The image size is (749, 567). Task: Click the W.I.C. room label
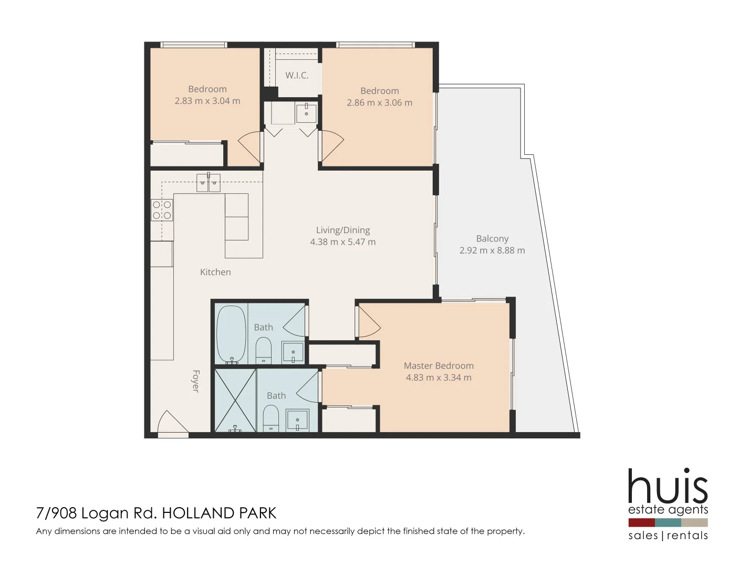(x=297, y=75)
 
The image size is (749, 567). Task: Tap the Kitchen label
(x=215, y=272)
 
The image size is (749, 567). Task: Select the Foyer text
(x=195, y=381)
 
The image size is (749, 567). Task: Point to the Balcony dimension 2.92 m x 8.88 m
(x=492, y=250)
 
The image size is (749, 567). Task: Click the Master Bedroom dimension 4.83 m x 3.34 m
(x=439, y=377)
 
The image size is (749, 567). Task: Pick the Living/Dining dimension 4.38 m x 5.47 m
(x=342, y=242)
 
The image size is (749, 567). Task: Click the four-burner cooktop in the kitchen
(x=162, y=210)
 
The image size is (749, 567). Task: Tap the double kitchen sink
(x=208, y=183)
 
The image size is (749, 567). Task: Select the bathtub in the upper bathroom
(x=231, y=334)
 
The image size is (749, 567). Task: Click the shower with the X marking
(x=235, y=401)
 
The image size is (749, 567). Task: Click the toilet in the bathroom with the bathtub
(x=263, y=350)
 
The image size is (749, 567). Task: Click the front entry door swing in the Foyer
(x=172, y=423)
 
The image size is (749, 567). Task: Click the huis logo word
(x=668, y=486)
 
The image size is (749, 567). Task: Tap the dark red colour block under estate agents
(x=641, y=522)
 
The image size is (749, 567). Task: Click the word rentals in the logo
(x=687, y=535)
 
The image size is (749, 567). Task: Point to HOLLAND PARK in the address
(x=219, y=513)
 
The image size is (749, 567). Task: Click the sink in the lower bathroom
(x=297, y=421)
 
